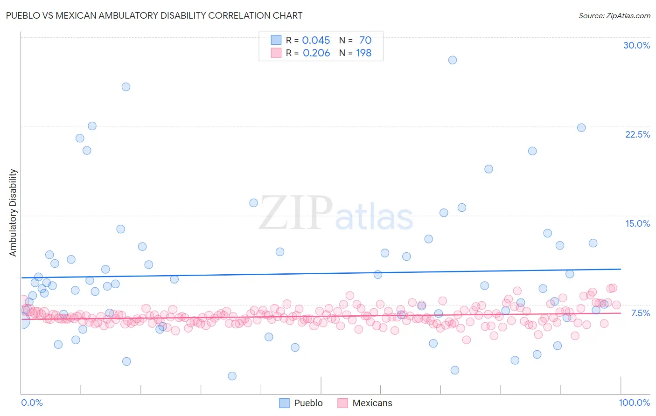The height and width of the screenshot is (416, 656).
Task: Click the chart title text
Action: click(154, 15)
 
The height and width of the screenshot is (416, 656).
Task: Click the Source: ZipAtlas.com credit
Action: click(614, 15)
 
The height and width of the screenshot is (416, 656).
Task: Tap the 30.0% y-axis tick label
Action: click(636, 45)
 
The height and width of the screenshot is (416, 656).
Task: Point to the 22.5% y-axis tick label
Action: click(637, 134)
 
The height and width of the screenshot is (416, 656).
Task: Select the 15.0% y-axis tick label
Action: click(637, 223)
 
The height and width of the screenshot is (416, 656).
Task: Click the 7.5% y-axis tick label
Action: click(640, 313)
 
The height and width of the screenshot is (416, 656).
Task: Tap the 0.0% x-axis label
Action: click(32, 402)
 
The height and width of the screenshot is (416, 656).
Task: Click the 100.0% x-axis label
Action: click(634, 402)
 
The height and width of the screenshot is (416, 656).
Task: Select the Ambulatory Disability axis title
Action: click(13, 212)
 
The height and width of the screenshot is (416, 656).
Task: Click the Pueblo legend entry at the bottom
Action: click(301, 403)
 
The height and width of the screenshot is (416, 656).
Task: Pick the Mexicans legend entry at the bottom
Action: click(365, 403)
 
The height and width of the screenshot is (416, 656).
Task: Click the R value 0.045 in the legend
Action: click(316, 40)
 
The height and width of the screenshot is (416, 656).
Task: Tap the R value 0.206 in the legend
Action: click(316, 53)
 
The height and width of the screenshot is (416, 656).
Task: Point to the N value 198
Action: click(364, 53)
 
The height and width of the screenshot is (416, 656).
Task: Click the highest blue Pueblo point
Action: click(452, 60)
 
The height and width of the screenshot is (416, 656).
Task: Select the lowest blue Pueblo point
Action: click(232, 376)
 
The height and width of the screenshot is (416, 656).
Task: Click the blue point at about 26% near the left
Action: click(126, 87)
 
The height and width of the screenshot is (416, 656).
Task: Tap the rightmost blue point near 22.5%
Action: click(581, 128)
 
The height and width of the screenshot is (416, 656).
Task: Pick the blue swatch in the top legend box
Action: click(276, 40)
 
